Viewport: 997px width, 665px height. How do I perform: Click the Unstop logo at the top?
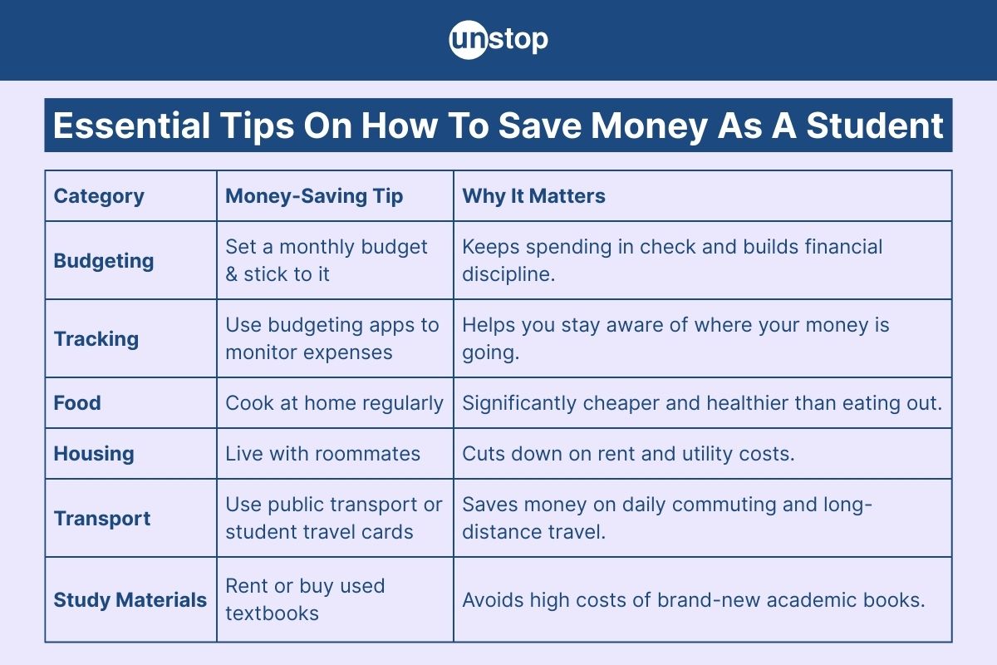(x=498, y=40)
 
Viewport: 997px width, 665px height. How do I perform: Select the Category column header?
(x=99, y=196)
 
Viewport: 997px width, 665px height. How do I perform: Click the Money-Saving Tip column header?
(x=314, y=196)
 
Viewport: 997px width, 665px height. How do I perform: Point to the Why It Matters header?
(x=533, y=196)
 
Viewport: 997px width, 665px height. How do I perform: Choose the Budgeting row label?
(x=104, y=261)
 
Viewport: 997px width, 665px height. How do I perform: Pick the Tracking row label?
(x=96, y=339)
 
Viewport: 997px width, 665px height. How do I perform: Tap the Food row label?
(x=77, y=403)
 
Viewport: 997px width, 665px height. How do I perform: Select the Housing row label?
(x=94, y=454)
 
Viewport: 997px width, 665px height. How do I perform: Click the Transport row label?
(x=102, y=519)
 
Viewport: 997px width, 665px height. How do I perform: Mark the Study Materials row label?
(x=130, y=600)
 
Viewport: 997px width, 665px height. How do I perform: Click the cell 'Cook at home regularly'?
(x=334, y=403)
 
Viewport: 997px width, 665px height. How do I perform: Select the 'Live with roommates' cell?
(x=323, y=454)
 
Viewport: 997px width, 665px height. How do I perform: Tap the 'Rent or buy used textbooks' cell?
(x=305, y=599)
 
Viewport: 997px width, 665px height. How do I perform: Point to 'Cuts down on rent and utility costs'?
(x=628, y=454)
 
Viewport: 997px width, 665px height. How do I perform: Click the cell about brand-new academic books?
(x=693, y=600)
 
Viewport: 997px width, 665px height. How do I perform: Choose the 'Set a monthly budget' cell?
(x=327, y=260)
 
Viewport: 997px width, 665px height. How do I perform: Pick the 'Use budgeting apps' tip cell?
(x=332, y=338)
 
